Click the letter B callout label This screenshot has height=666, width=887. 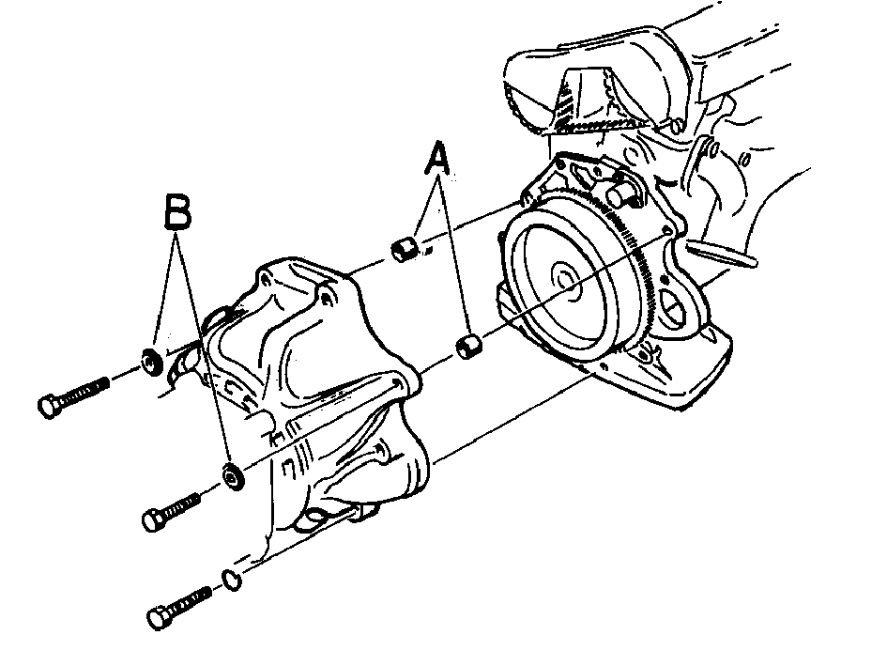pyautogui.click(x=177, y=211)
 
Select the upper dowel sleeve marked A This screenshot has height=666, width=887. pyautogui.click(x=405, y=249)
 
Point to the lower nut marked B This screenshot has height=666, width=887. pyautogui.click(x=233, y=475)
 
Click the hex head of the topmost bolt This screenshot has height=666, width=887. pyautogui.click(x=50, y=406)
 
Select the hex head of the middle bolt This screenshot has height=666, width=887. pyautogui.click(x=154, y=519)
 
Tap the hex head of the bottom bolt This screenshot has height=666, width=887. pyautogui.click(x=159, y=617)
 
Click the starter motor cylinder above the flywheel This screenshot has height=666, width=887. pyautogui.click(x=621, y=194)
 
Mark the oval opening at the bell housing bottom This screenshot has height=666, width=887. pyautogui.click(x=317, y=517)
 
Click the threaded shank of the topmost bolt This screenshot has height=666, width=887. pyautogui.click(x=84, y=392)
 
